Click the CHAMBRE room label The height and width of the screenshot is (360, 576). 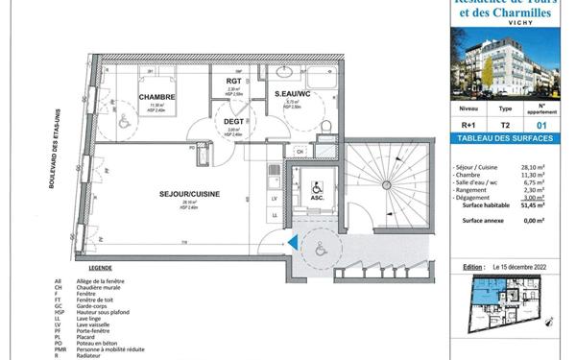point(155,97)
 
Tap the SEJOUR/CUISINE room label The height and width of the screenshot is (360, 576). point(189,194)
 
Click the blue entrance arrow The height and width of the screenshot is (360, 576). point(288,244)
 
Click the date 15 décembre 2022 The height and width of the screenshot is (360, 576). point(525,266)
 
